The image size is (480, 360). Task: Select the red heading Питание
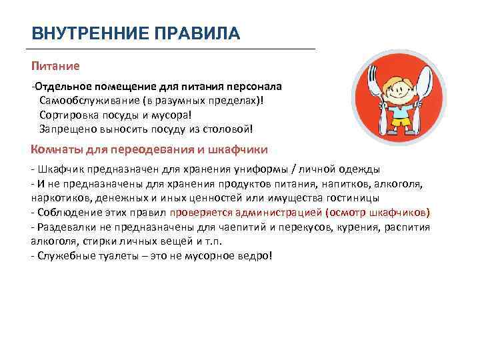click(55, 66)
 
